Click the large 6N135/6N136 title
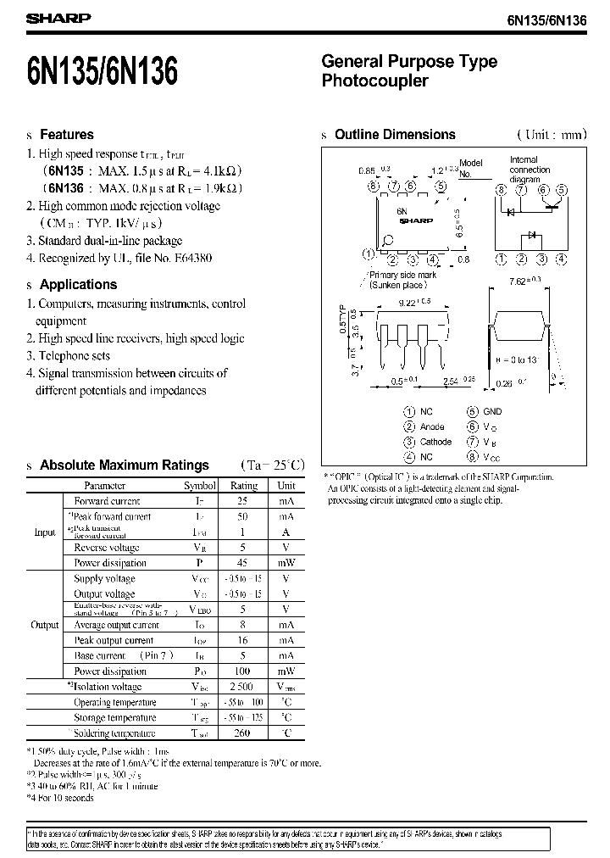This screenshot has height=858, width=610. tap(102, 73)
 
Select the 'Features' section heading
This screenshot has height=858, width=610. tap(67, 135)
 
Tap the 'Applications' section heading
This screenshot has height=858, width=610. tap(78, 285)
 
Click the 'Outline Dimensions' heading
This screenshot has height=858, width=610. tap(395, 135)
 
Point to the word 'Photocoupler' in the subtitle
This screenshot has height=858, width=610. tap(374, 81)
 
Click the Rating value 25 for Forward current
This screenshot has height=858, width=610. tap(244, 501)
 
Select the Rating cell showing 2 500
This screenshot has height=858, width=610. tap(244, 687)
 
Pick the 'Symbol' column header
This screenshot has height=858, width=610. tap(201, 486)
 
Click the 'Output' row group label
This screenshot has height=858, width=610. tap(44, 625)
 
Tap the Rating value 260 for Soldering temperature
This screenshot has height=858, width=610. tap(244, 733)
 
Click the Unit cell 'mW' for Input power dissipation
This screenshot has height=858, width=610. tap(286, 563)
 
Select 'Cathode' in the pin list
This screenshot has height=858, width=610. tap(435, 442)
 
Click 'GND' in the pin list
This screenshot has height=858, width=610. tap(492, 411)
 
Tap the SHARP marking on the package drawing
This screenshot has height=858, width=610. tap(416, 221)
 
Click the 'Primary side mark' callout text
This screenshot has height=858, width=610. tap(403, 275)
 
